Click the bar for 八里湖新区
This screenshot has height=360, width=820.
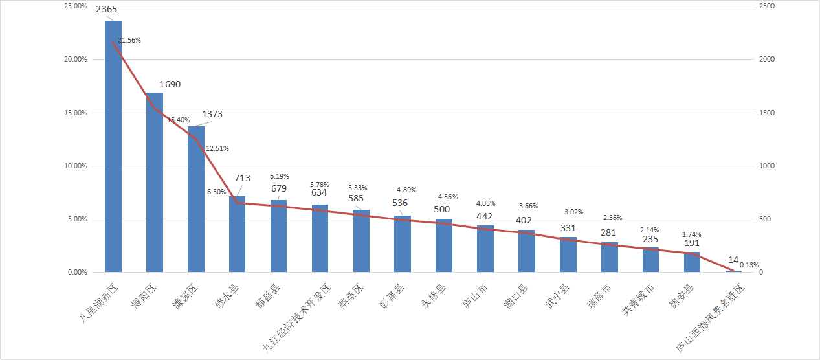pyautogui.click(x=113, y=146)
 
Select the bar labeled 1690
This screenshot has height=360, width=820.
pyautogui.click(x=155, y=182)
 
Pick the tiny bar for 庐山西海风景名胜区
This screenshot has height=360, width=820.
pyautogui.click(x=733, y=271)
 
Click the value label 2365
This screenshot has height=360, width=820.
pyautogui.click(x=107, y=10)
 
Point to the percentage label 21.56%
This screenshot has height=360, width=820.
pyautogui.click(x=129, y=40)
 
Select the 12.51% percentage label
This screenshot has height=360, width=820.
pyautogui.click(x=217, y=149)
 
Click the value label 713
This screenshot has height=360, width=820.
pyautogui.click(x=242, y=179)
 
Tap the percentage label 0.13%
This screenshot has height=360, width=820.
pyautogui.click(x=749, y=264)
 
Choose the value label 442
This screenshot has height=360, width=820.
pyautogui.click(x=485, y=216)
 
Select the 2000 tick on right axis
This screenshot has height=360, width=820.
pyautogui.click(x=767, y=60)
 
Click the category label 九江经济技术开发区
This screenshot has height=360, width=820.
pyautogui.click(x=297, y=317)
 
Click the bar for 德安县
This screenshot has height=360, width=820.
pyautogui.click(x=692, y=262)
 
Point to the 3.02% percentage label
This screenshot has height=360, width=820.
pyautogui.click(x=574, y=212)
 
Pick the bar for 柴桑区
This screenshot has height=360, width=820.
pyautogui.click(x=361, y=241)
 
